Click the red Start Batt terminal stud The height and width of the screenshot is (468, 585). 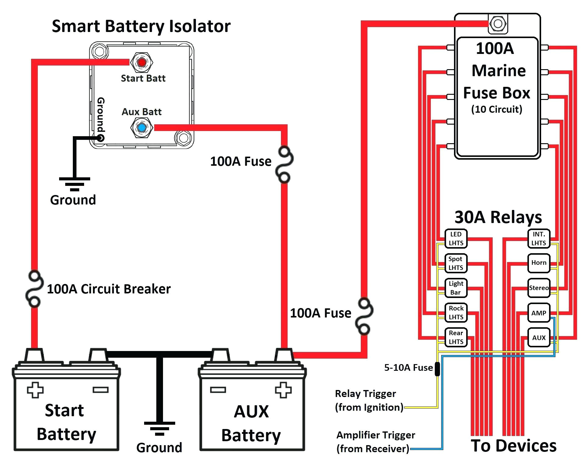[x=142, y=62]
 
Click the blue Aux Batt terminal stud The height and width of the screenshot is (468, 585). [x=142, y=128]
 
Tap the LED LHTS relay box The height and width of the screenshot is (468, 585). [x=456, y=239]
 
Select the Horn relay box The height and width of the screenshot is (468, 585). [x=539, y=263]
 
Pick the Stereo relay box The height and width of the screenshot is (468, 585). [x=539, y=288]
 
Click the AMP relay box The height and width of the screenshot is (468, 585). [x=539, y=313]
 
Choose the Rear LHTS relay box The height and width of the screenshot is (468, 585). [x=456, y=337]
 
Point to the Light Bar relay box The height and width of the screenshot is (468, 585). [x=456, y=288]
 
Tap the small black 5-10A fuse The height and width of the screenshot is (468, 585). [x=437, y=369]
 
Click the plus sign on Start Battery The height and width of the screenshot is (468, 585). [x=35, y=390]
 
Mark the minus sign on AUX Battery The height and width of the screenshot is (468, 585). [x=218, y=390]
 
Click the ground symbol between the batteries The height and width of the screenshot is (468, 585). [x=159, y=428]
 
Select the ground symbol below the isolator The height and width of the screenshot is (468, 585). [x=74, y=184]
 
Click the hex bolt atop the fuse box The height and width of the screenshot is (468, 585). [x=498, y=23]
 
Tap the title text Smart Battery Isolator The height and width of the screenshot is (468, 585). [x=141, y=27]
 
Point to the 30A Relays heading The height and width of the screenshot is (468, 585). [x=498, y=218]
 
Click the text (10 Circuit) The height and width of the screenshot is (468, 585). [x=497, y=109]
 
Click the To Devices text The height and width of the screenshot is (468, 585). [x=514, y=446]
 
